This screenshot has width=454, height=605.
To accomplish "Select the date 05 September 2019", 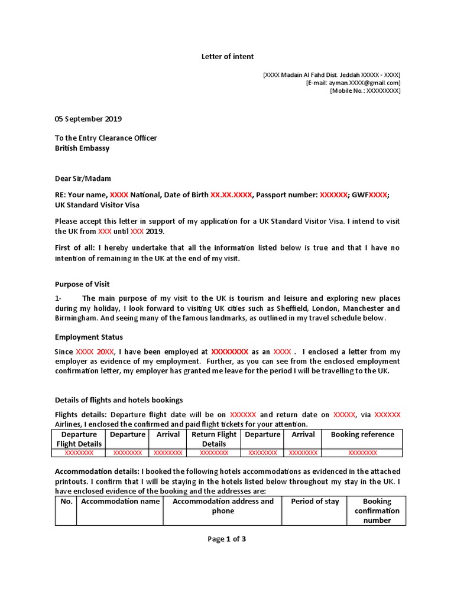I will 88,119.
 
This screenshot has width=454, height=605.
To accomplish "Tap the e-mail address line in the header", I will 353,83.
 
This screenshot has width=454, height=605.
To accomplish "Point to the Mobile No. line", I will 365,91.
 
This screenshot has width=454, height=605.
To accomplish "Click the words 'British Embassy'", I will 82,148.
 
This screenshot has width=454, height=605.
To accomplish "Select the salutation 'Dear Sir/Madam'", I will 83,178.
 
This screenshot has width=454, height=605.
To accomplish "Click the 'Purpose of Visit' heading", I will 82,284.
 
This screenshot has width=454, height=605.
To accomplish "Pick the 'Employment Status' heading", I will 89,337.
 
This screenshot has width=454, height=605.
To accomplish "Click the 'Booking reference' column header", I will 362,434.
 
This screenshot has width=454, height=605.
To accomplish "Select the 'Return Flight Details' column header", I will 214,439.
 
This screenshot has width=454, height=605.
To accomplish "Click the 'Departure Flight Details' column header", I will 79,439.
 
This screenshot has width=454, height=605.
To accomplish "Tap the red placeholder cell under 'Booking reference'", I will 362,453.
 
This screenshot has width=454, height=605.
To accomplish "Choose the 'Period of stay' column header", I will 315,501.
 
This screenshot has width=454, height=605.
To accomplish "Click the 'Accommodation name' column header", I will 121,501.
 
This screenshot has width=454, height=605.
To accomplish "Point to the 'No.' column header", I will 66,501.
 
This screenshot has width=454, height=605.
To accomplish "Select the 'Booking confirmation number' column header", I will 377,510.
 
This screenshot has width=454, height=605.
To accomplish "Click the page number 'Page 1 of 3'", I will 226,539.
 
